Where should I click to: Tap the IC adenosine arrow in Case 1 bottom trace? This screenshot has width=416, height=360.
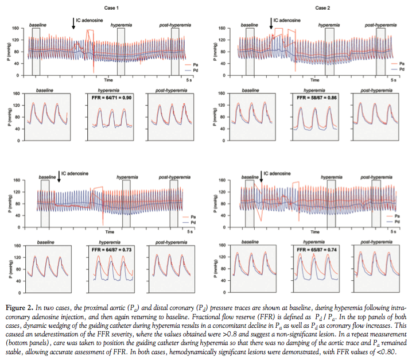pos(59,176)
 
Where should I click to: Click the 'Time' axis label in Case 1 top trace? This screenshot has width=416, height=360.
pos(107,79)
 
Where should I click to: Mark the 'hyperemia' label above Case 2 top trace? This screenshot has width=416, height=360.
pos(329,26)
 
